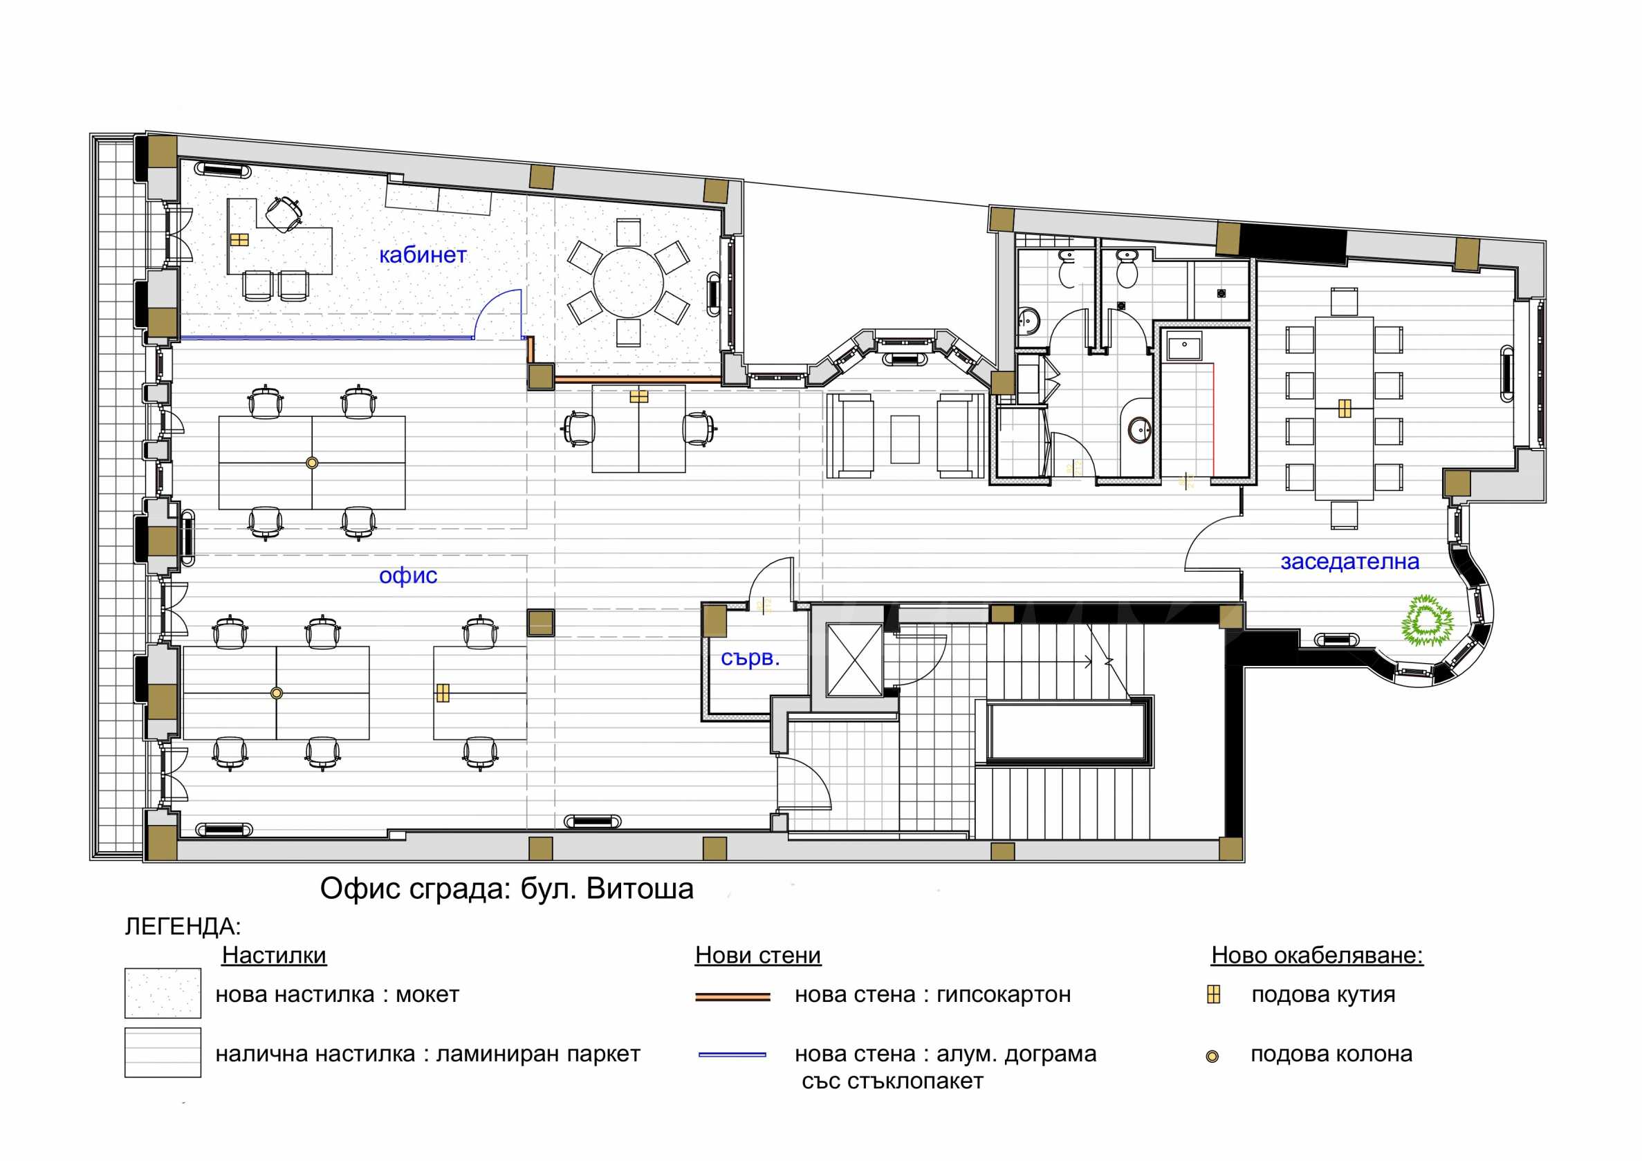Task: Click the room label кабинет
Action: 423,255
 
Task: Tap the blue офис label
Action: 407,575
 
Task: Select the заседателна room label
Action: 1349,562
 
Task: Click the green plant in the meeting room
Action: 1427,620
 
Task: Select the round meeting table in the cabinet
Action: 628,282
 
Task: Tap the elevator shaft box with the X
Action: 854,659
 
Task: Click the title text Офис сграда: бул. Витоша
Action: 506,889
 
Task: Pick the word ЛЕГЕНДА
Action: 183,927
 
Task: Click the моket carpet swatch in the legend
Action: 163,993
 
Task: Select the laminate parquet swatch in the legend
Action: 163,1052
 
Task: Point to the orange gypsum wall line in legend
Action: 732,996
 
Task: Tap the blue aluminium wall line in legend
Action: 732,1055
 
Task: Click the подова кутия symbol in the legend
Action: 1213,994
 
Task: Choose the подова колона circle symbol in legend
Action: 1212,1056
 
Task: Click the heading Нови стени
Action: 758,955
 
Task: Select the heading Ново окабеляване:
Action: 1318,955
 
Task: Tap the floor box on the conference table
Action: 1345,408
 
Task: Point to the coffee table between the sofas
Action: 905,439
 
